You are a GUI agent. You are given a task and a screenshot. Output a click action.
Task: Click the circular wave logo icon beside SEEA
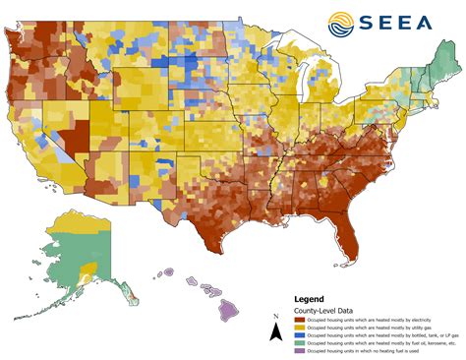[x=343, y=22]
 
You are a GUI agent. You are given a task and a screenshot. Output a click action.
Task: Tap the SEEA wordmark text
[x=403, y=23]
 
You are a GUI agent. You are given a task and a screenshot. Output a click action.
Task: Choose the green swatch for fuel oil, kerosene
[x=299, y=340]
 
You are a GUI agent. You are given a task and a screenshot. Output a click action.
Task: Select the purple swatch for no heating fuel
[x=299, y=349]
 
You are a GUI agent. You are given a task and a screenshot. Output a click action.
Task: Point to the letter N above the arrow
[x=275, y=318]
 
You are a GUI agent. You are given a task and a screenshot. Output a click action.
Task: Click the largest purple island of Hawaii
[x=230, y=310]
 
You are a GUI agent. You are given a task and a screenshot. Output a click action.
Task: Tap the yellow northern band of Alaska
[x=69, y=223]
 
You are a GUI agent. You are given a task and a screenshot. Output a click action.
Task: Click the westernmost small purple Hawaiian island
[x=167, y=272]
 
